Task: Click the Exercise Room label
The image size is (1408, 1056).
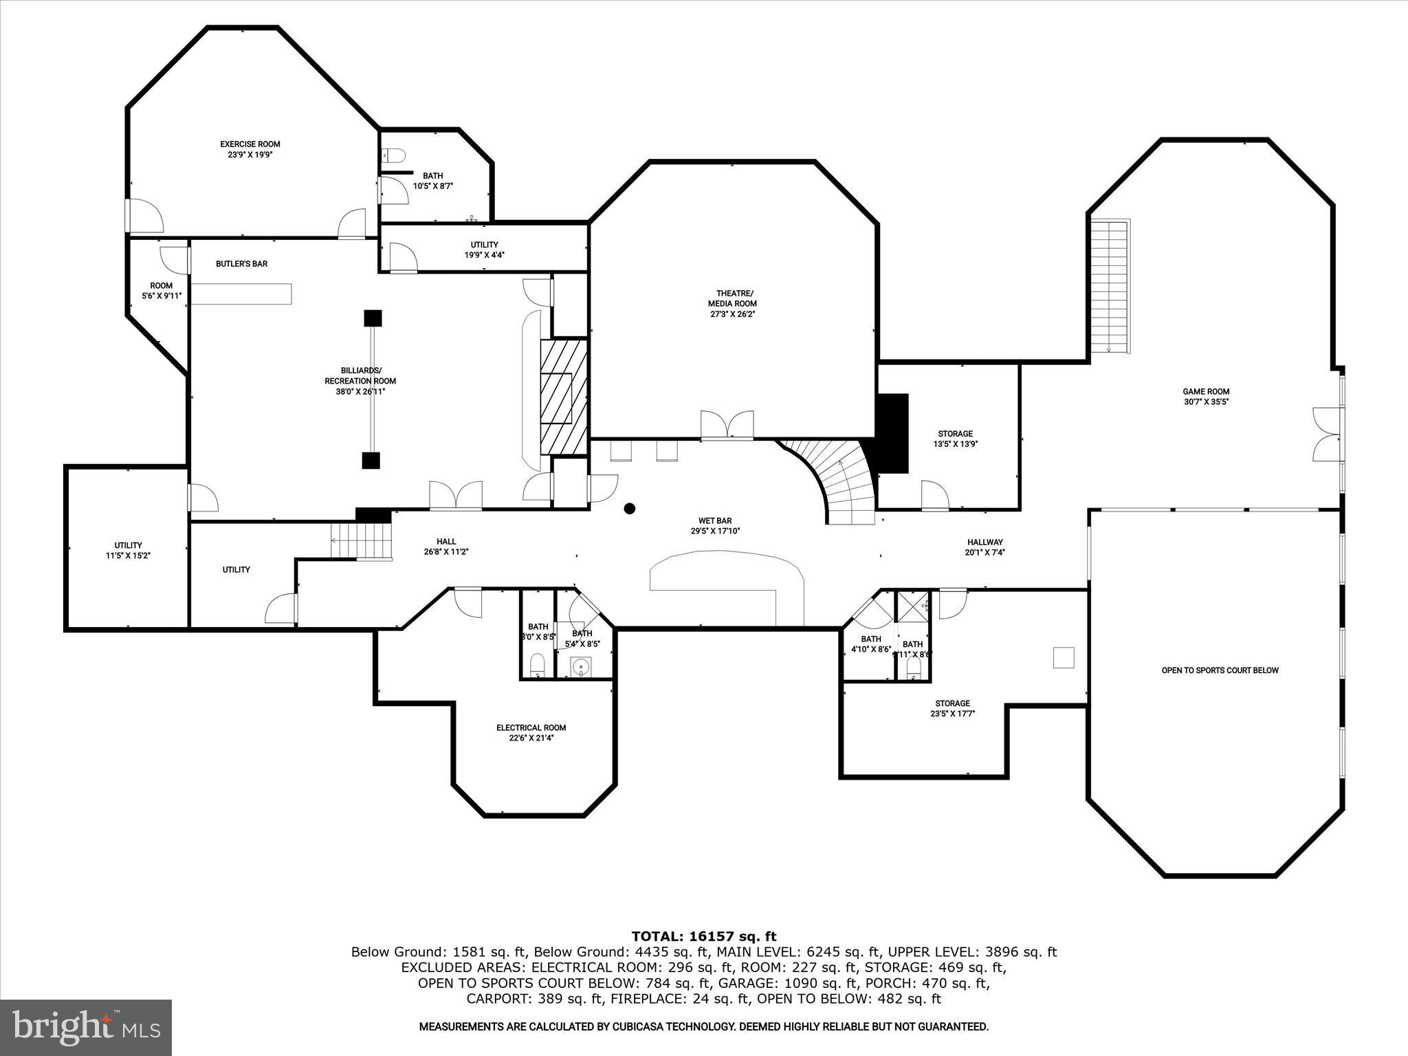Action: click(x=250, y=149)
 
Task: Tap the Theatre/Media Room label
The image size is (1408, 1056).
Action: click(x=732, y=303)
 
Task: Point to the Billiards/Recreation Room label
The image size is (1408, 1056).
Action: click(x=360, y=381)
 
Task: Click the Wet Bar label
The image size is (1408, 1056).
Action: click(x=715, y=526)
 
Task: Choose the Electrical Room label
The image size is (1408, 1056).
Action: click(x=531, y=733)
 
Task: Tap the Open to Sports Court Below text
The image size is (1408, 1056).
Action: click(x=1220, y=670)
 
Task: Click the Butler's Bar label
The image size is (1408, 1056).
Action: click(x=241, y=264)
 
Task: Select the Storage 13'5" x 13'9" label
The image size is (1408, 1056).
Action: click(x=955, y=439)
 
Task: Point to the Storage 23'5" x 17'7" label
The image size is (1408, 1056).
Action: click(x=952, y=708)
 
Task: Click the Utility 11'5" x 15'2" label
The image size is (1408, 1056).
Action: click(x=128, y=550)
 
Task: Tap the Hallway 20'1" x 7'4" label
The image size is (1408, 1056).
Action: click(x=985, y=547)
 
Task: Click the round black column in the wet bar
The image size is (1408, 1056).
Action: click(x=629, y=509)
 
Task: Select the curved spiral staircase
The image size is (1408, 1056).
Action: click(x=835, y=481)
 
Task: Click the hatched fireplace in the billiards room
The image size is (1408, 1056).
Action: click(x=563, y=397)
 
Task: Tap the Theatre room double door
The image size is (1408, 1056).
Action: click(x=727, y=425)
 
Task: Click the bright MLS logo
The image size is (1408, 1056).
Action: click(x=86, y=1026)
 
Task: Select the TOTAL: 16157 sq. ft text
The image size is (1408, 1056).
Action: click(x=703, y=936)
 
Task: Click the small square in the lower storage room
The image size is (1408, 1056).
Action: click(x=1063, y=657)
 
